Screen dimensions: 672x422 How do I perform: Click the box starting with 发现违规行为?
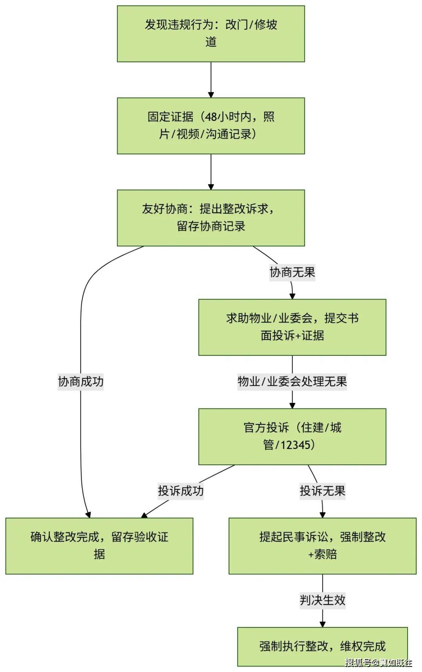(211, 34)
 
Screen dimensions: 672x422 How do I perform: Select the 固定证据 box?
(211, 126)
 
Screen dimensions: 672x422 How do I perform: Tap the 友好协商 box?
(211, 218)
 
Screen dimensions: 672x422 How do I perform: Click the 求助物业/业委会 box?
(292, 327)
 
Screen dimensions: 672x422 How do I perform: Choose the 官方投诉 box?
(292, 437)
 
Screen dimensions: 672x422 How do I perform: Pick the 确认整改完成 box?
(99, 546)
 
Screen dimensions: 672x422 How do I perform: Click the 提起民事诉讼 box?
(322, 546)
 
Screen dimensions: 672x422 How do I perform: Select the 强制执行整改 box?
(322, 646)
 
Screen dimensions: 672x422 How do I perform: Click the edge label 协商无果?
(292, 272)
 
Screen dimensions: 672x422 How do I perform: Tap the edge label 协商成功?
(81, 381)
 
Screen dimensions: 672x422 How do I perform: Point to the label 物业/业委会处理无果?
(292, 381)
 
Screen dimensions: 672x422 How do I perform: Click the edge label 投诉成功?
(181, 491)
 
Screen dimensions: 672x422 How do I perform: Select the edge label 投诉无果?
(322, 491)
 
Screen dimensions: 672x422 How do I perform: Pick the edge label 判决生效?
(322, 600)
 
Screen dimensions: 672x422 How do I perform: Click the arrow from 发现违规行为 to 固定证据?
(211, 80)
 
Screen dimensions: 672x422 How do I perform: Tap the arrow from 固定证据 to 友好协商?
(211, 172)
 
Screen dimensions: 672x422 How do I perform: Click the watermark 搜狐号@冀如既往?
(378, 662)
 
